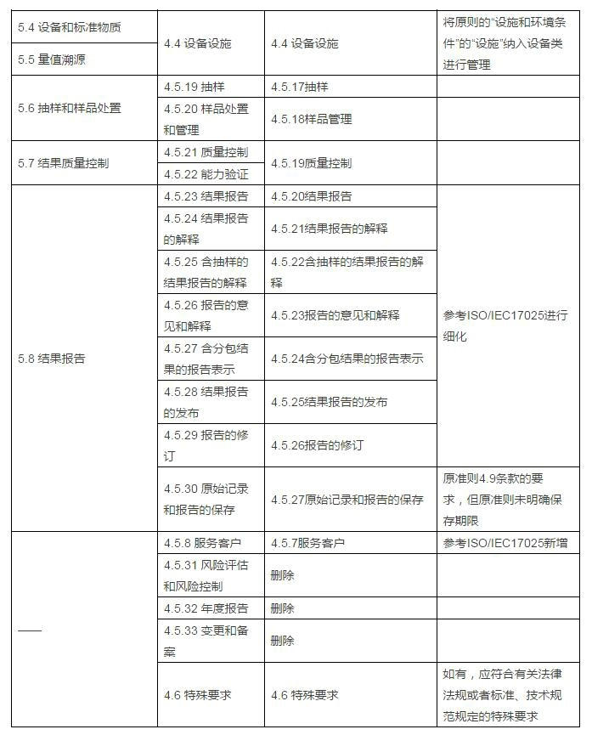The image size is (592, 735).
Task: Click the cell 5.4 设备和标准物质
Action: pyautogui.click(x=70, y=26)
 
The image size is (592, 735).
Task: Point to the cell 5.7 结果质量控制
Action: pyautogui.click(x=64, y=162)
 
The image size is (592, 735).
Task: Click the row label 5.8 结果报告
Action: pyautogui.click(x=52, y=358)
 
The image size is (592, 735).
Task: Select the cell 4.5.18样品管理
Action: pyautogui.click(x=312, y=120)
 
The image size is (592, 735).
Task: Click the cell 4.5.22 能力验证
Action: pyautogui.click(x=206, y=173)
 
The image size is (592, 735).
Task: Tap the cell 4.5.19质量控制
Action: pyautogui.click(x=312, y=162)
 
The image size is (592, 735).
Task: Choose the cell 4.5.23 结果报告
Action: pyautogui.click(x=206, y=195)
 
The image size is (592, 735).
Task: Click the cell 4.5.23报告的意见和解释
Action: pyautogui.click(x=335, y=315)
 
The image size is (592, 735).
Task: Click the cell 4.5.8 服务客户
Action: pyautogui.click(x=203, y=542)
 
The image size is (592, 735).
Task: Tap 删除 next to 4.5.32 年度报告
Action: pyautogui.click(x=283, y=608)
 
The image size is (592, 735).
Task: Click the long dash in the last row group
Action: pyautogui.click(x=30, y=630)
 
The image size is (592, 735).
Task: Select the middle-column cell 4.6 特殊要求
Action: pyautogui.click(x=305, y=694)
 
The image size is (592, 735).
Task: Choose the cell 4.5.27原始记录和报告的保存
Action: pyautogui.click(x=347, y=500)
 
